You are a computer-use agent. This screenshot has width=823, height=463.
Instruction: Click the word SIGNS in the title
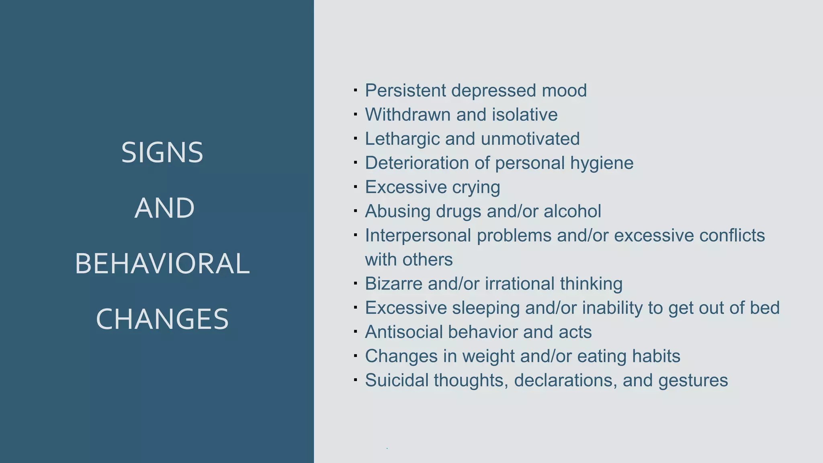click(162, 153)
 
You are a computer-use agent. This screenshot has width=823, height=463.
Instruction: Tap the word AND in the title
click(164, 208)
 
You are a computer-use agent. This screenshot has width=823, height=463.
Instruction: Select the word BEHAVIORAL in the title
click(162, 264)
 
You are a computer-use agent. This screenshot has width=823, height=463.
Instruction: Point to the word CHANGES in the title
click(162, 319)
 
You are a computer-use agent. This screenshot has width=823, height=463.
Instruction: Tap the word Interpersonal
click(418, 236)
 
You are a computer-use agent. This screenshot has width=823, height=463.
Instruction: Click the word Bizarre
click(393, 284)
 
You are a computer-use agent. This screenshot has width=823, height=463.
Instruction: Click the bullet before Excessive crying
click(355, 187)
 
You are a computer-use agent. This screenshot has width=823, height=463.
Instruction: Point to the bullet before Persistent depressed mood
click(355, 90)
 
